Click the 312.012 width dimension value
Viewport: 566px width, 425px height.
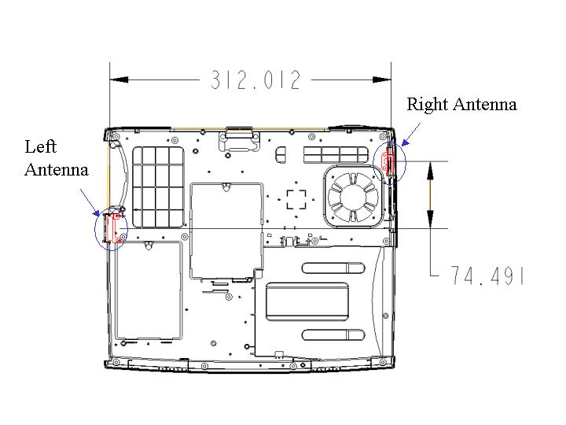255,79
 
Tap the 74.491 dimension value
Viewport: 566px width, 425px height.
487,275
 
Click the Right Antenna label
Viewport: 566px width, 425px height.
461,105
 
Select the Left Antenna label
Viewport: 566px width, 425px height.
57,158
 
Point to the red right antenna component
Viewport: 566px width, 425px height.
388,160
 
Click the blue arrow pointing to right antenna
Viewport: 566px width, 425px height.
411,134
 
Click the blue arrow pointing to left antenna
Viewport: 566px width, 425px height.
90,203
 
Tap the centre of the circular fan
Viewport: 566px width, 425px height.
353,197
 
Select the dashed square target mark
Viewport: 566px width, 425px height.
296,199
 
